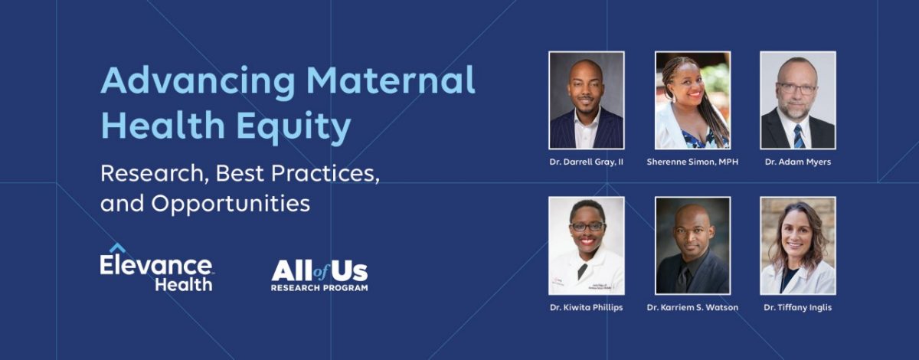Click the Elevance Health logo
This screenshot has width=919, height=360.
point(156,269)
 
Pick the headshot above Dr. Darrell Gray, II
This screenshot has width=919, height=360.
point(587,100)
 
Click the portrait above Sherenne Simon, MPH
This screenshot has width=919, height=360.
point(692,100)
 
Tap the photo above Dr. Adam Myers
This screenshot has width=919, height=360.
point(797,100)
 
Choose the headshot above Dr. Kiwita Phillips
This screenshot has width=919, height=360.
point(587,246)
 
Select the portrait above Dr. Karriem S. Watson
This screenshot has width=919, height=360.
point(692,246)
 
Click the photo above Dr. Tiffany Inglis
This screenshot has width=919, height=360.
point(797,246)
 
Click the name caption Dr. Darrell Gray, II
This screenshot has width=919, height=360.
point(587,162)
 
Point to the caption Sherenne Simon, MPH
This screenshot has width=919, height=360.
point(692,162)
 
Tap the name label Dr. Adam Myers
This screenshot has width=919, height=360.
point(797,162)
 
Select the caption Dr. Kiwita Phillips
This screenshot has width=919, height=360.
point(587,308)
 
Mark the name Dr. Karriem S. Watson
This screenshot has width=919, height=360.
point(692,308)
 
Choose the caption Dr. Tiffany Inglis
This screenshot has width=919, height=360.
point(797,308)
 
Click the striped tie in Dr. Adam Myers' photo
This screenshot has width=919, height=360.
point(797,135)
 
